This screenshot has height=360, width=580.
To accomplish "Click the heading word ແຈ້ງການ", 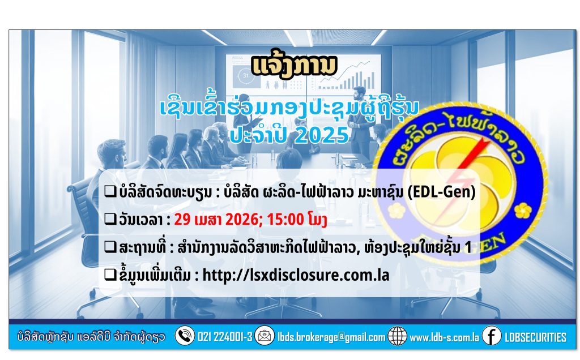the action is pyautogui.click(x=294, y=67).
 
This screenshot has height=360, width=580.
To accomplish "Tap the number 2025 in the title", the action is pyautogui.click(x=322, y=135).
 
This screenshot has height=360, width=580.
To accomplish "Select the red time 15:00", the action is pyautogui.click(x=285, y=220).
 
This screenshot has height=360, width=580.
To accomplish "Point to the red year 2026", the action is pyautogui.click(x=243, y=220).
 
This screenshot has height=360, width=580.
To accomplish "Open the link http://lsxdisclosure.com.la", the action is pyautogui.click(x=296, y=275).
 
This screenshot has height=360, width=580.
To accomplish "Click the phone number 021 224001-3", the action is pyautogui.click(x=225, y=337).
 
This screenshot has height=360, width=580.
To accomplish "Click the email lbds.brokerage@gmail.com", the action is pyautogui.click(x=331, y=337).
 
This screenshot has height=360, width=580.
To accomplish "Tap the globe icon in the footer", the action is pyautogui.click(x=397, y=336).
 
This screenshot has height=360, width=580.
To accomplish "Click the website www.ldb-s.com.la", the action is pyautogui.click(x=444, y=337).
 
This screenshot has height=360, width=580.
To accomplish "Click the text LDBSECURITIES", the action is pyautogui.click(x=535, y=337).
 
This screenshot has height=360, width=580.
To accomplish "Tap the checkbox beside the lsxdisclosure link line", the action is pyautogui.click(x=110, y=275).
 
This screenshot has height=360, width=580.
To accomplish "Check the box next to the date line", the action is pyautogui.click(x=110, y=219).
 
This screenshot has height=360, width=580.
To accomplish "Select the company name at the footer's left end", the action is pyautogui.click(x=91, y=337).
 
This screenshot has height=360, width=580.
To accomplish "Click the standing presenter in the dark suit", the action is pyautogui.click(x=359, y=118).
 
